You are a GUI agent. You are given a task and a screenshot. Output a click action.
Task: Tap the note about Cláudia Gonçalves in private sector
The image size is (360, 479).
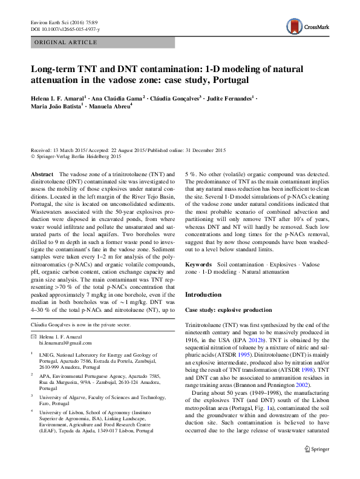(80, 325)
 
